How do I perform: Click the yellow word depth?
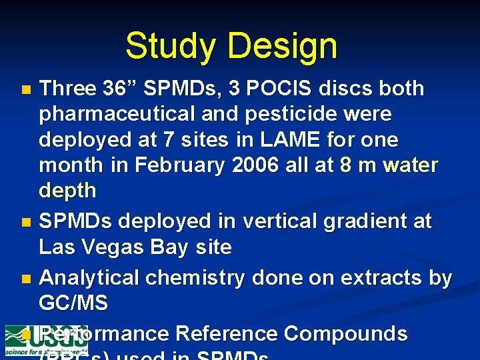coord(67,191)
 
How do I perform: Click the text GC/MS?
coord(73,303)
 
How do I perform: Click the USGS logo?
coord(46,340)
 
